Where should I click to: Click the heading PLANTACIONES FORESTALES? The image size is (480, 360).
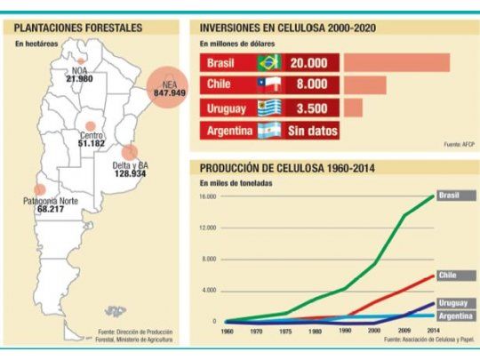pyautogui.click(x=79, y=28)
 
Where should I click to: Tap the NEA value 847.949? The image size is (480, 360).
pyautogui.click(x=169, y=92)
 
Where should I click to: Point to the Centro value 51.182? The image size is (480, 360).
pyautogui.click(x=92, y=143)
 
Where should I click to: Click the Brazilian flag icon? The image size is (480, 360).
pyautogui.click(x=268, y=63)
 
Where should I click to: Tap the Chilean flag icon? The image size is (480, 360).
pyautogui.click(x=268, y=85)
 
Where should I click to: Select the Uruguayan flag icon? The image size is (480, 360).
pyautogui.click(x=268, y=108)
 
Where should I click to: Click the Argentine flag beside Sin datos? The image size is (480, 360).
pyautogui.click(x=268, y=130)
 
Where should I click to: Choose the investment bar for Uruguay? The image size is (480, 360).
pyautogui.click(x=354, y=108)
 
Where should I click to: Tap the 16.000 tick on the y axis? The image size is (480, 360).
pyautogui.click(x=208, y=196)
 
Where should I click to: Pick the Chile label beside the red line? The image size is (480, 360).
pyautogui.click(x=447, y=276)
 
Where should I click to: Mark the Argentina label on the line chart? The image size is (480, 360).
pyautogui.click(x=453, y=316)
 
